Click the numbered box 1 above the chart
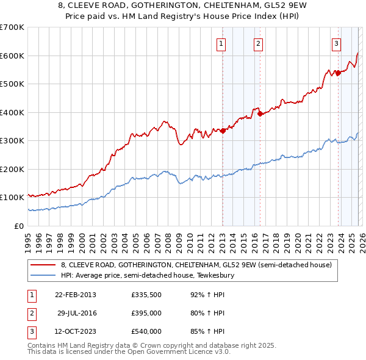(x=220, y=43)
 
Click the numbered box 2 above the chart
(x=259, y=43)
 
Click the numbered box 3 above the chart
(x=336, y=43)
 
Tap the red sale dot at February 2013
(x=223, y=130)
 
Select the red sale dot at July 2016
(x=260, y=113)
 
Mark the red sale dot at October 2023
(x=337, y=73)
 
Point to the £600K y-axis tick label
(x=12, y=56)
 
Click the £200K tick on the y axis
(x=12, y=169)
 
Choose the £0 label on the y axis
(x=19, y=226)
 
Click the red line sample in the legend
(x=43, y=265)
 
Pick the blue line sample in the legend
(x=43, y=275)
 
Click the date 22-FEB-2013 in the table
(x=76, y=295)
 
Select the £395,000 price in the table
(x=146, y=313)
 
